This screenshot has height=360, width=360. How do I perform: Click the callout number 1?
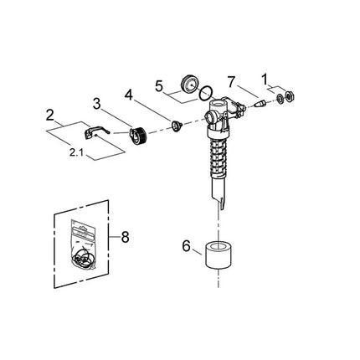[266, 80]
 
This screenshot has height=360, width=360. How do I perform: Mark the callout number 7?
[231, 81]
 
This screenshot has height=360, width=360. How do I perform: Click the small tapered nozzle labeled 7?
[260, 105]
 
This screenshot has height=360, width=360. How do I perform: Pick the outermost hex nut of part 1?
[290, 95]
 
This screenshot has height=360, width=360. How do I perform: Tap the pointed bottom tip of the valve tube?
[218, 205]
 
